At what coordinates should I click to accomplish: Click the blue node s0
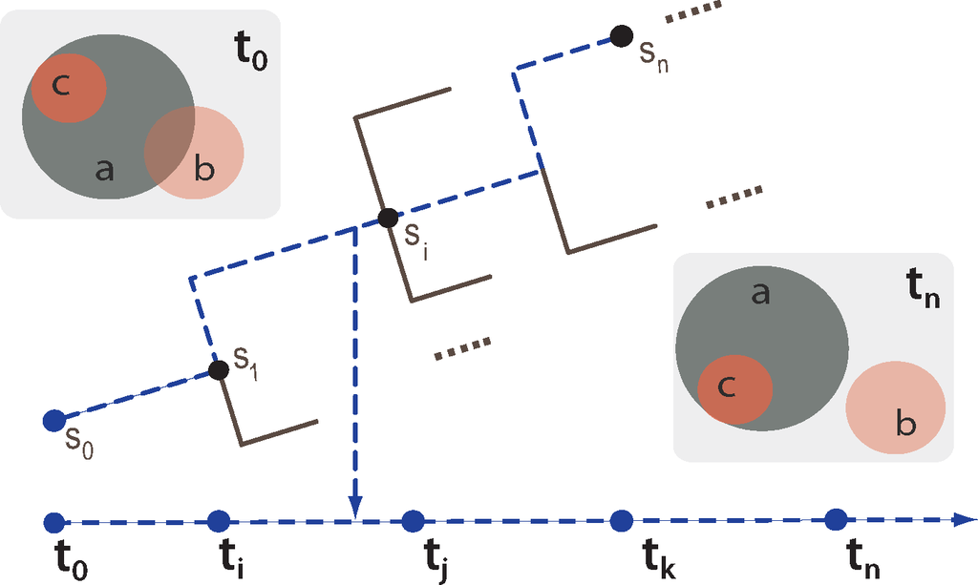point(54,419)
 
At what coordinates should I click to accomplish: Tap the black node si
point(387,218)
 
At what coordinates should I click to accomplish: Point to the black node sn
point(622,36)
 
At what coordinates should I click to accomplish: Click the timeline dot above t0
point(53,522)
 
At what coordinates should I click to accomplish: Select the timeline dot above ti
point(218,521)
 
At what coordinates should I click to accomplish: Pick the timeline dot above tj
point(413,521)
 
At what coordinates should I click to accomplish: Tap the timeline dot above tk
point(622,520)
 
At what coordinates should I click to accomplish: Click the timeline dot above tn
point(837,518)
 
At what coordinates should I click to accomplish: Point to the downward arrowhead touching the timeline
point(354,510)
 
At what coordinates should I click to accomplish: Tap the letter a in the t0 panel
point(105,170)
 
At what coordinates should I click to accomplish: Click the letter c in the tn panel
point(727,387)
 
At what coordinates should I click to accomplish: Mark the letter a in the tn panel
point(760,294)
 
